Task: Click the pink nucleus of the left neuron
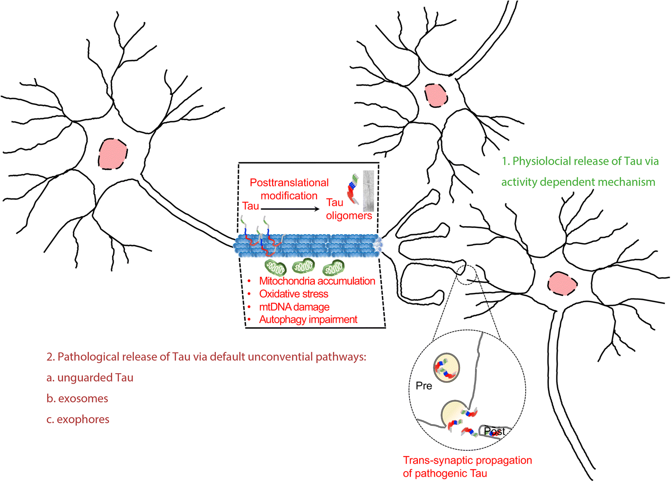[x=113, y=154]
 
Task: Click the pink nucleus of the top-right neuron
[x=436, y=95]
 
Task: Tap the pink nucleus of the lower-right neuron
[x=563, y=283]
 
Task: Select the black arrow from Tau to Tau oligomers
[x=290, y=209]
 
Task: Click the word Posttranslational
[x=289, y=183]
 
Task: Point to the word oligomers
[x=349, y=216]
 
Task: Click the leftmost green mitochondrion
[x=275, y=267]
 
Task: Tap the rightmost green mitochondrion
[x=334, y=267]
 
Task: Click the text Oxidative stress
[x=293, y=294]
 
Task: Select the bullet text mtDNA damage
[x=294, y=307]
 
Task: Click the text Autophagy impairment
[x=308, y=320]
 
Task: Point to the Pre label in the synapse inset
[x=424, y=386]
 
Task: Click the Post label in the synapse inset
[x=494, y=431]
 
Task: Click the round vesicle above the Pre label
[x=447, y=368]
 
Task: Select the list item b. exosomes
[x=77, y=398]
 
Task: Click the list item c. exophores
[x=78, y=420]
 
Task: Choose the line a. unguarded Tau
[x=90, y=378]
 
